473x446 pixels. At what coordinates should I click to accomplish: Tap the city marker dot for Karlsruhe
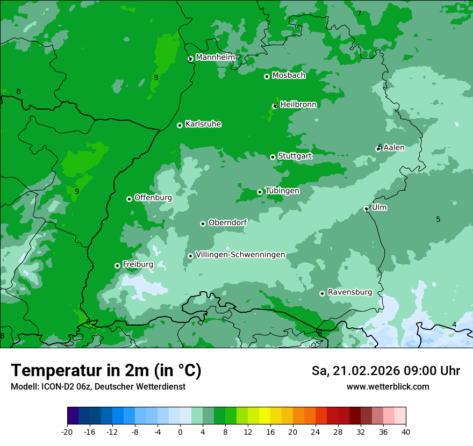pos(180,125)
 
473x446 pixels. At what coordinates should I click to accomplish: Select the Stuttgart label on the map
pos(295,156)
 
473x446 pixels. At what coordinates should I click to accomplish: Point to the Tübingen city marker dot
pos(260,192)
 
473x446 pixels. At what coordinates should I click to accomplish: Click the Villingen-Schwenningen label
pos(240,255)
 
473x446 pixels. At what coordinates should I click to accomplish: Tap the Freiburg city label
pos(138,264)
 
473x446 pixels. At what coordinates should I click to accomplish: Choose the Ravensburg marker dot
pos(322,293)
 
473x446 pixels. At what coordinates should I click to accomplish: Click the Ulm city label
pos(379,207)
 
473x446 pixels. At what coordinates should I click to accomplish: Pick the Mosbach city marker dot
pos(267,76)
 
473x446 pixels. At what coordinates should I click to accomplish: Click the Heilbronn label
pos(298,105)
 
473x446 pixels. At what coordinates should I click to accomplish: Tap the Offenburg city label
pos(153,198)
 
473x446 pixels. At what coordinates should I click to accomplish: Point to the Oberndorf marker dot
pos(203,224)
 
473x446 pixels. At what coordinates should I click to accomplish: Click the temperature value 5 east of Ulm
pos(438,219)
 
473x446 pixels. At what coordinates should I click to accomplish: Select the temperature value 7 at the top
pos(359,13)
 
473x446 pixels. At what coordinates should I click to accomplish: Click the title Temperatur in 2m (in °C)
pos(106,371)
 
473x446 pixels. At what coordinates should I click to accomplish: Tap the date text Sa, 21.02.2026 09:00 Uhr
pos(385,371)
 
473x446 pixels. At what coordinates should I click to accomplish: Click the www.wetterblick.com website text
pos(388,387)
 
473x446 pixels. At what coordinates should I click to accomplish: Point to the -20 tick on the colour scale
pos(67,431)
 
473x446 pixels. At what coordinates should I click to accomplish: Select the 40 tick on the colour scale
pos(406,431)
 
